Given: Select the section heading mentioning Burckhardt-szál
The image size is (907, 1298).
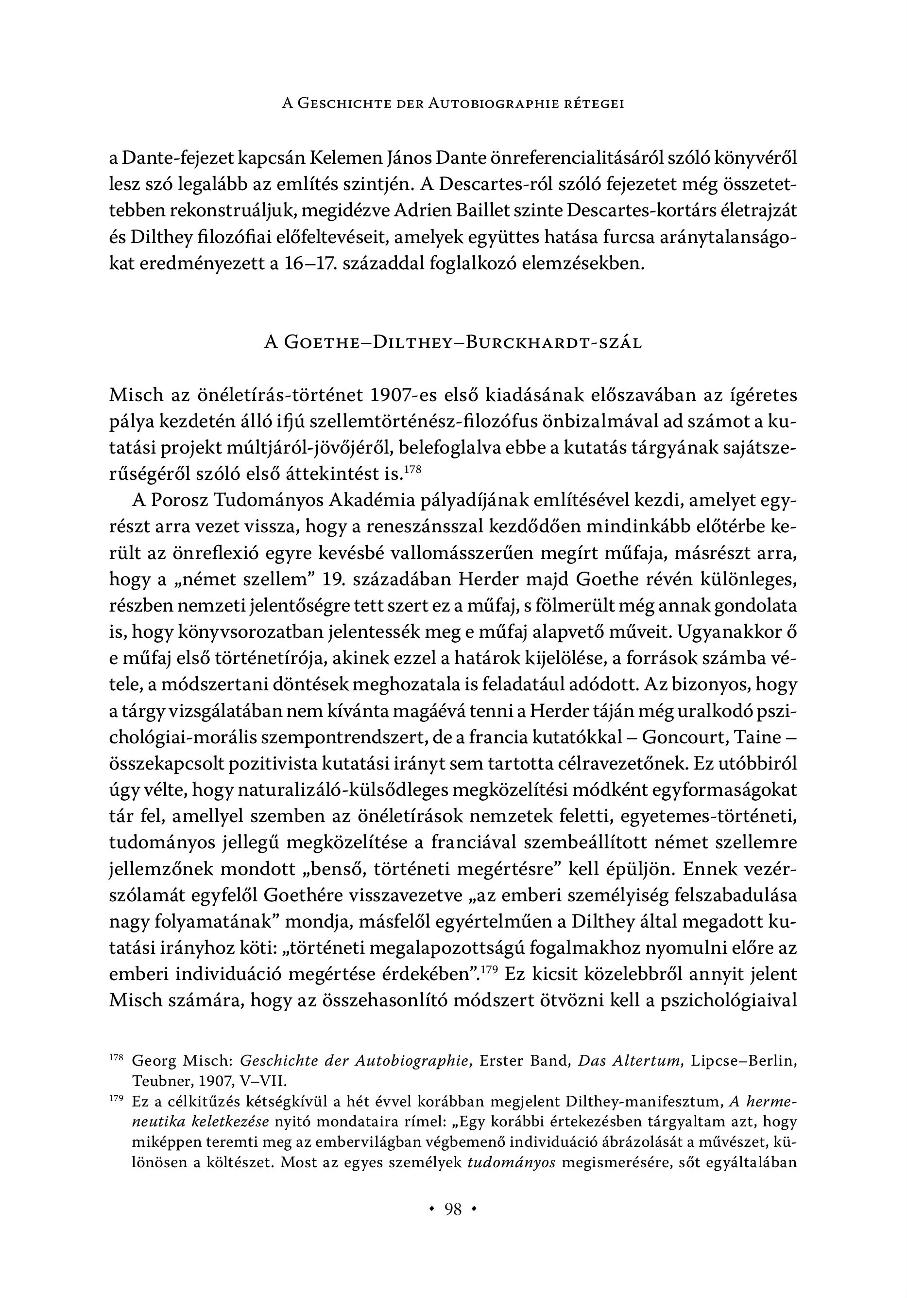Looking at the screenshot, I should click(453, 343).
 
